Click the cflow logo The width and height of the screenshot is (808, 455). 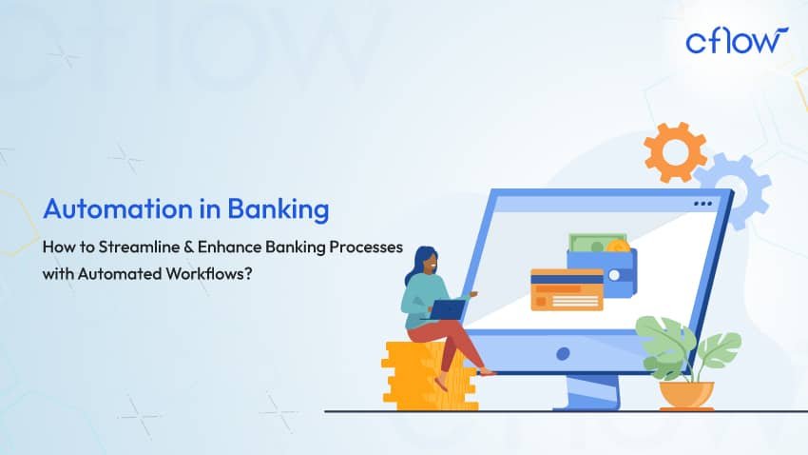click(x=737, y=40)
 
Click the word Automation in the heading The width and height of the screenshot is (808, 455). click(x=118, y=208)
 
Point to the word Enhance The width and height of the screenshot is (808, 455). click(x=229, y=247)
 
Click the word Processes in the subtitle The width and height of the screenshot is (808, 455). click(x=366, y=247)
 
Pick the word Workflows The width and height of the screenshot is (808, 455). click(x=209, y=273)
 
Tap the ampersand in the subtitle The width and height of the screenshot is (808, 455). click(x=189, y=247)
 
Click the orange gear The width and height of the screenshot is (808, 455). click(x=675, y=152)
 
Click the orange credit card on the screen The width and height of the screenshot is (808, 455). click(x=567, y=289)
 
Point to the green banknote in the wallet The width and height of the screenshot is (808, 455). click(x=592, y=243)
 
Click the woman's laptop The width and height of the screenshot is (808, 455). click(x=448, y=309)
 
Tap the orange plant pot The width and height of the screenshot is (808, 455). click(x=686, y=395)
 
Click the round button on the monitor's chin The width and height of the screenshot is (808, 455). click(x=564, y=353)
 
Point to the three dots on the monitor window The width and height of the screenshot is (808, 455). click(x=702, y=204)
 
